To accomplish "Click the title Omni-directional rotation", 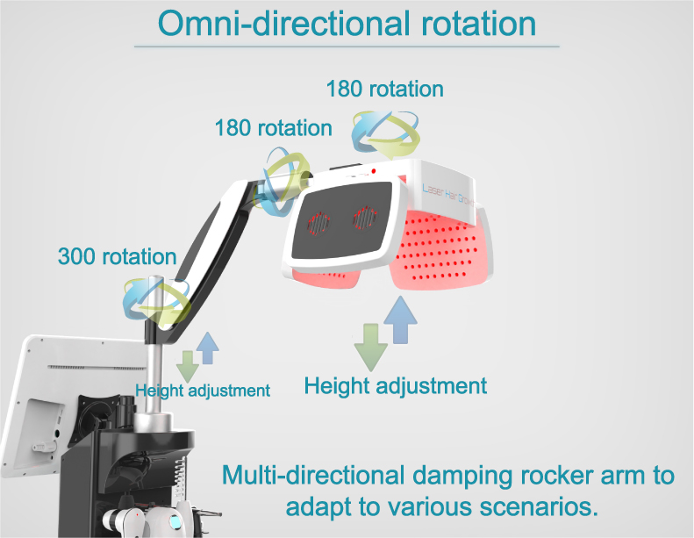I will [x=347, y=23].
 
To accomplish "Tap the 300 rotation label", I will [x=117, y=257].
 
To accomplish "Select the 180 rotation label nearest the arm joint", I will [x=273, y=128].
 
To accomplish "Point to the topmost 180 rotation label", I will [x=384, y=89].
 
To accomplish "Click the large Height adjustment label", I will [x=395, y=384].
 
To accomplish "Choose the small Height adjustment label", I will [x=203, y=390].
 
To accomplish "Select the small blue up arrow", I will [x=208, y=348].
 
